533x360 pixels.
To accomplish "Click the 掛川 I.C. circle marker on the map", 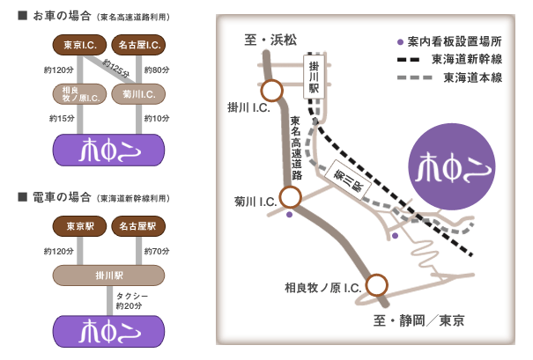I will [271, 91].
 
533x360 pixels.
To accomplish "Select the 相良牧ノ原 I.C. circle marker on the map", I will [377, 283].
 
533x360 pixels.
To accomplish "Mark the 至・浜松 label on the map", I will [270, 40].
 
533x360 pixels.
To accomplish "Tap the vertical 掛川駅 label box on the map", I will [313, 77].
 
